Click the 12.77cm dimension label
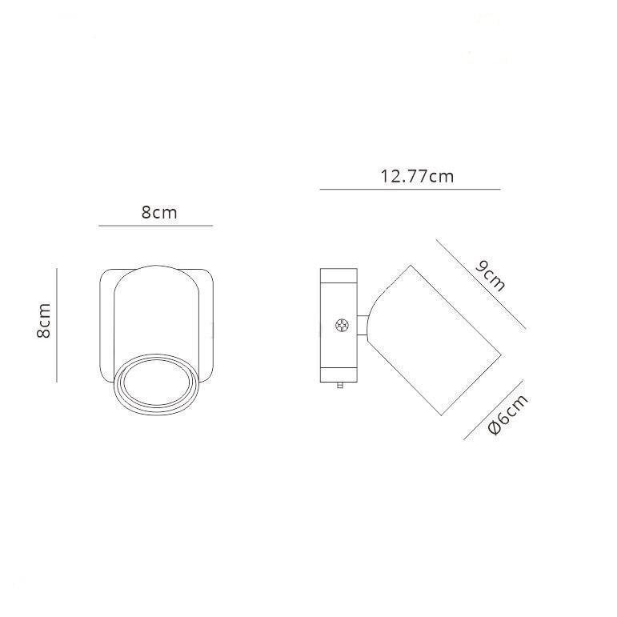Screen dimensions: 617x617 point(417,176)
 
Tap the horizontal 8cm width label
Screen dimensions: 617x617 point(159,213)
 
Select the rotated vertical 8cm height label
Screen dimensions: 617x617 point(44,321)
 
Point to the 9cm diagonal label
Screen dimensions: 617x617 point(490,276)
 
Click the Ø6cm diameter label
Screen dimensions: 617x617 point(508,415)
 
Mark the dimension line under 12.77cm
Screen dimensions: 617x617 point(410,190)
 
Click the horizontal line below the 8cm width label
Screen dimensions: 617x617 point(156,226)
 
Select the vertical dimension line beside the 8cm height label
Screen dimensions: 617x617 point(57,326)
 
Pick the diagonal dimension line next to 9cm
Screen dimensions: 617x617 point(481,284)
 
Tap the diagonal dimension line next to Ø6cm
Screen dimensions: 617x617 point(494,410)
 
